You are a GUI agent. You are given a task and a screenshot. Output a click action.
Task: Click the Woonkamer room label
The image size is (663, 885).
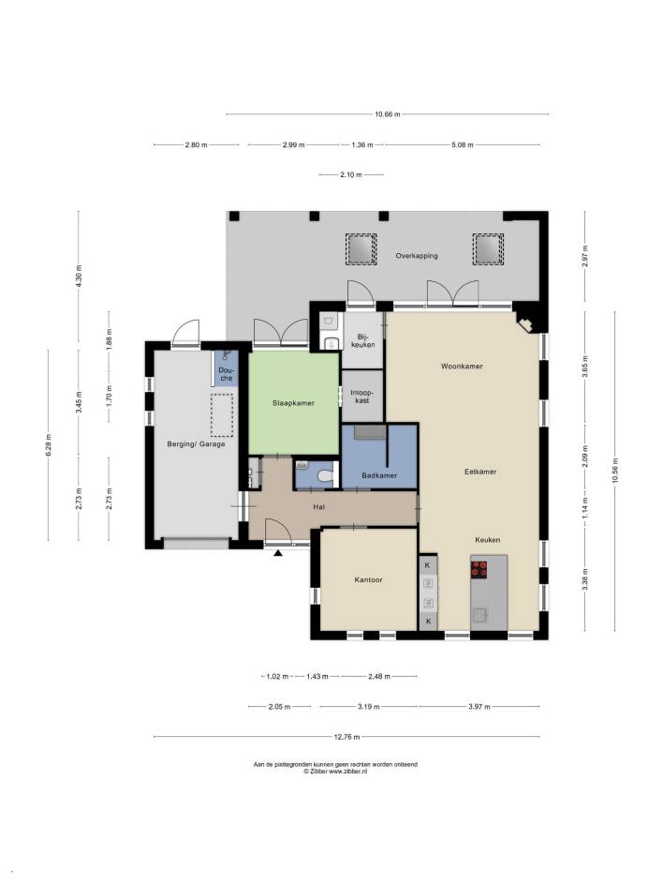[x=462, y=367]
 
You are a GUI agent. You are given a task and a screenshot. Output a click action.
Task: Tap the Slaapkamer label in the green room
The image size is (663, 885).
[x=293, y=403]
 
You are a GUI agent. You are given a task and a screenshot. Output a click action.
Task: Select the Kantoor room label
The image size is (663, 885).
[x=368, y=579]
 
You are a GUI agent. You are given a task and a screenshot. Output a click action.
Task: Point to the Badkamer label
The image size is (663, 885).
[x=379, y=476]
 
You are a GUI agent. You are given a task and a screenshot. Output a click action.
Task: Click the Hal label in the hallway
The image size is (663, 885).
[x=319, y=507]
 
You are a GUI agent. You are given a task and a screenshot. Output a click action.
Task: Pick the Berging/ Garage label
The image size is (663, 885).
[x=197, y=444]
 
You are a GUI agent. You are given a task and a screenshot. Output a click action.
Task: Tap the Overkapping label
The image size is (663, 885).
[x=417, y=256]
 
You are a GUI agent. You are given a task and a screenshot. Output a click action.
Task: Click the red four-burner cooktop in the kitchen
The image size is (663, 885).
[x=479, y=568]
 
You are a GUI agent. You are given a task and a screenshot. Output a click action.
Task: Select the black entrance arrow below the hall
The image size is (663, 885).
[x=278, y=553]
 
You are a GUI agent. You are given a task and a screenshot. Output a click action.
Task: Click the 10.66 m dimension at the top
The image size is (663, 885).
[x=388, y=114]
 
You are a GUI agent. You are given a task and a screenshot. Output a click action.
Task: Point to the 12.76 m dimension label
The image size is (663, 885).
[x=346, y=737]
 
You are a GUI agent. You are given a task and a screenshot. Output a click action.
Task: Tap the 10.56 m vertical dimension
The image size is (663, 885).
[x=615, y=471]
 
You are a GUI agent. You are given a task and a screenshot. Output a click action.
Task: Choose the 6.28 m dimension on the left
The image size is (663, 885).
[x=49, y=444]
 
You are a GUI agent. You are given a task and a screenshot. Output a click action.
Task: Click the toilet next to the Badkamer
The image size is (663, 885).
[x=325, y=477]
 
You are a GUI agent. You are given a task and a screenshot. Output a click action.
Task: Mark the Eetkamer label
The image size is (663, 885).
[x=480, y=472]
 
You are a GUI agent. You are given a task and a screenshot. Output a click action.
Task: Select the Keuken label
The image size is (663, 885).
[x=488, y=540]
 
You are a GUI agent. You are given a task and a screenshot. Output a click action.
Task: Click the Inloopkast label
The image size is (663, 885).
[x=362, y=397]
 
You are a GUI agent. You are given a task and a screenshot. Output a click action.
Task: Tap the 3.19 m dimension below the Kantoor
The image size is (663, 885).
[x=369, y=707]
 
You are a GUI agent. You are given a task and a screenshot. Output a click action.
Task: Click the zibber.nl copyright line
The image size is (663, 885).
[x=335, y=771]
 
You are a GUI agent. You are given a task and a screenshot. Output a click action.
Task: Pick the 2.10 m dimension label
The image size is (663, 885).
[x=350, y=175]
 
